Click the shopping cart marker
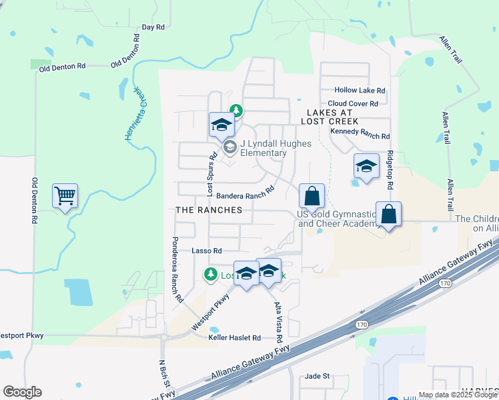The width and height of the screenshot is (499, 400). point(65,196)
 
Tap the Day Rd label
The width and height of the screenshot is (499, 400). point(153,27)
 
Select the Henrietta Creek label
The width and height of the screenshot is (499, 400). point(135,114)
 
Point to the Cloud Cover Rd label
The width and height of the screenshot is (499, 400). point(352,103)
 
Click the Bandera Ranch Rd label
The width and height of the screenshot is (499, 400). point(245,193)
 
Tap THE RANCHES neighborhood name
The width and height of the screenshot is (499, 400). point(207,209)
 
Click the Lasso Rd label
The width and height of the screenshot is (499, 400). point(206,251)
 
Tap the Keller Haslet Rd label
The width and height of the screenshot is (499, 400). point(234,338)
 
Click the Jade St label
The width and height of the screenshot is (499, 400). point(318,376)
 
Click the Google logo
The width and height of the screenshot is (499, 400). point(22,392)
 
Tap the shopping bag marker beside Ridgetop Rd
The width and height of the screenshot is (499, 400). point(388,215)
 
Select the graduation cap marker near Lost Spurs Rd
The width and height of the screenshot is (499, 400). point(221,125)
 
